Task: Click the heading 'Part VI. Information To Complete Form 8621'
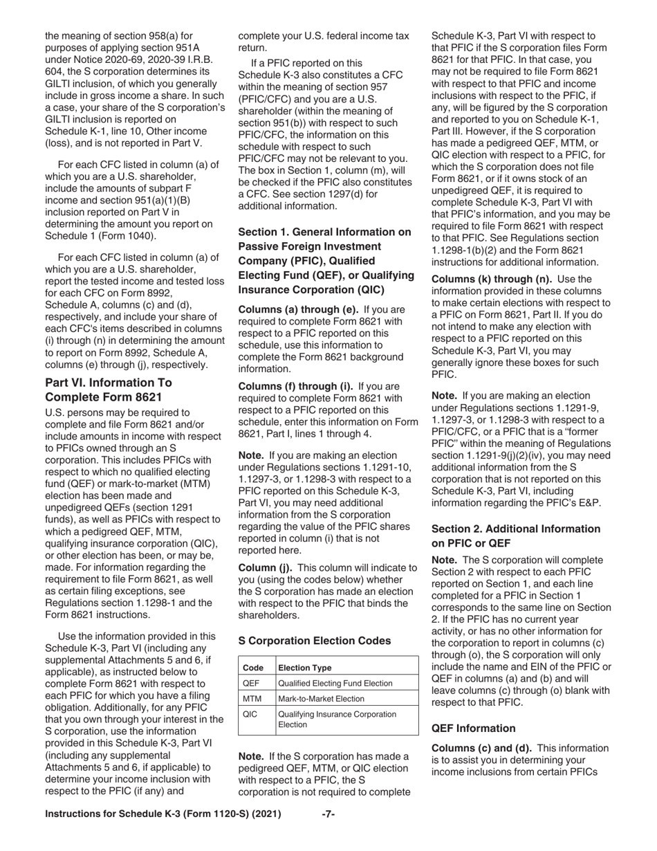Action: point(109,390)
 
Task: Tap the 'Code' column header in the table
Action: point(253,668)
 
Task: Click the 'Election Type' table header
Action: point(304,668)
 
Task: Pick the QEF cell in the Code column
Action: point(251,683)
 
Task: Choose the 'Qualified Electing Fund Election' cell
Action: point(335,683)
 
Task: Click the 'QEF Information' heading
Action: point(473,728)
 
